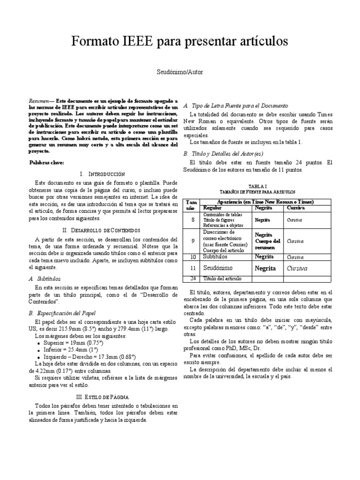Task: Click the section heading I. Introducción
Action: point(102,173)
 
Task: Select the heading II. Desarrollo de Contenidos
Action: point(101,230)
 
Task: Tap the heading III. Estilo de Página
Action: point(102,396)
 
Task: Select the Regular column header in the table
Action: point(212,207)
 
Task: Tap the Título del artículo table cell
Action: point(222,279)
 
